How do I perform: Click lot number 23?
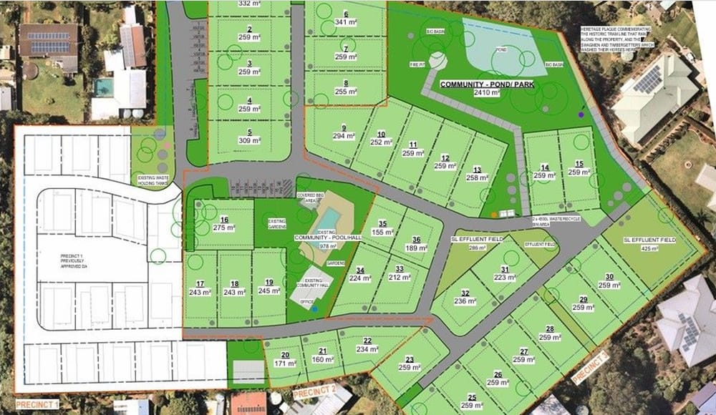(x=410, y=359)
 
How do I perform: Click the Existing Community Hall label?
(x=316, y=283)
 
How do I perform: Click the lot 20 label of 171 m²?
(x=284, y=360)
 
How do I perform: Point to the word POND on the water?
(x=500, y=50)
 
